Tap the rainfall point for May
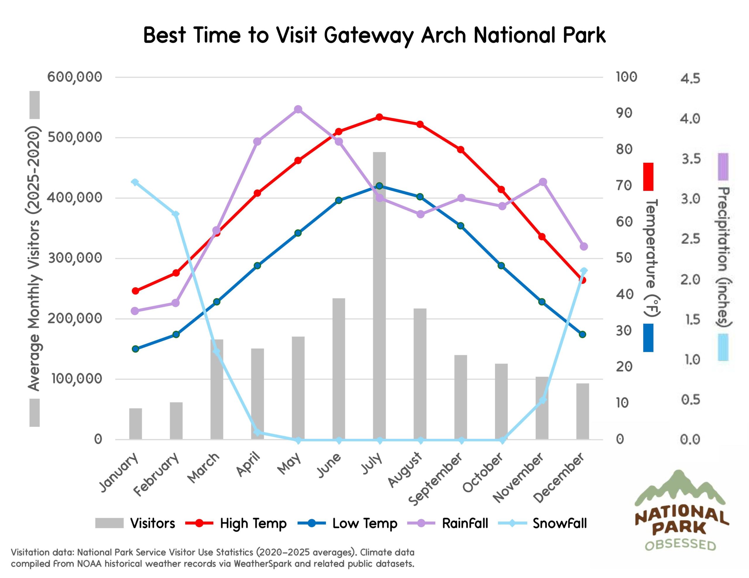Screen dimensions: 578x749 (298, 109)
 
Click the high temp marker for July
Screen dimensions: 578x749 (379, 117)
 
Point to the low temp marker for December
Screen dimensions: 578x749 (582, 334)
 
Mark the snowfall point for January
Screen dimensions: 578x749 (135, 182)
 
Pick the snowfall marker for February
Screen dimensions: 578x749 (176, 214)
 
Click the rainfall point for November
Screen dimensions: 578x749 (542, 182)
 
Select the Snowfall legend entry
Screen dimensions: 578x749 (559, 523)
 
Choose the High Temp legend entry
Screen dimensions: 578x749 (253, 523)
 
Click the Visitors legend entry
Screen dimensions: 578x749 (153, 523)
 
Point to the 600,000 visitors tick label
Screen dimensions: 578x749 (75, 77)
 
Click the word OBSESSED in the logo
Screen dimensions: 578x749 (681, 545)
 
